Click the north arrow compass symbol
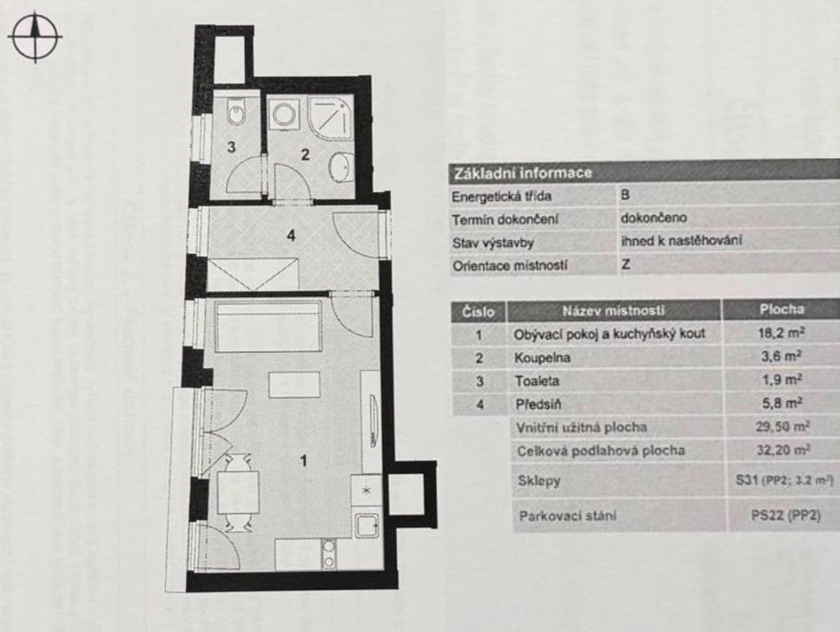click(x=35, y=36)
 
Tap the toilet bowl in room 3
click(x=236, y=114)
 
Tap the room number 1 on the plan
click(x=304, y=461)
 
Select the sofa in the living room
click(x=269, y=325)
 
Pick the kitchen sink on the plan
click(x=366, y=523)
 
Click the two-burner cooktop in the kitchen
click(x=330, y=554)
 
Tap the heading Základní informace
click(x=523, y=174)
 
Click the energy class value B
click(x=625, y=196)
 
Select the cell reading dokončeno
click(x=653, y=218)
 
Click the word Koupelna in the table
click(x=542, y=358)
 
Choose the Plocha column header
click(x=781, y=309)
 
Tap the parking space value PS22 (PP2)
click(x=785, y=515)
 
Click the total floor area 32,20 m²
click(x=784, y=450)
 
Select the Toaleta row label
click(x=536, y=381)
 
